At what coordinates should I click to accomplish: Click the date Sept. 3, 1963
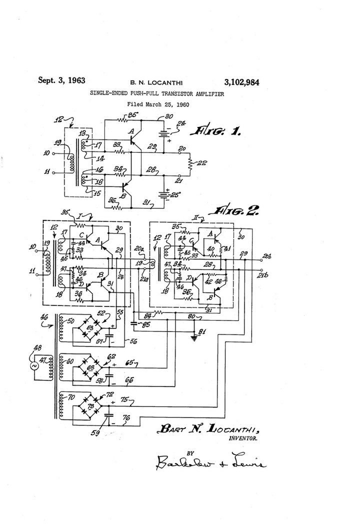pyautogui.click(x=61, y=80)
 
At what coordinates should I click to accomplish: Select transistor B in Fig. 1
pyautogui.click(x=126, y=187)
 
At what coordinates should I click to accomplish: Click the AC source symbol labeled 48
pyautogui.click(x=35, y=366)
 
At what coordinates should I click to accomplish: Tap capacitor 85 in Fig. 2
pyautogui.click(x=133, y=324)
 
